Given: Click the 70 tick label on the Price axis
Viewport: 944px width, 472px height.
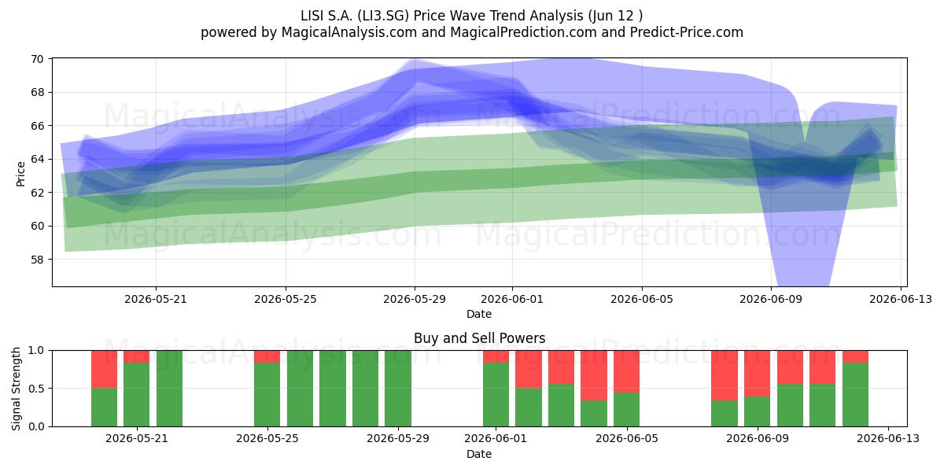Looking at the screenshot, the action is point(37,59).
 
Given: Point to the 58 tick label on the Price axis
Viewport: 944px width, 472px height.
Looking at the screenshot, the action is point(37,259).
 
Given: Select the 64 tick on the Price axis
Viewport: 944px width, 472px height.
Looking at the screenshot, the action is point(37,159).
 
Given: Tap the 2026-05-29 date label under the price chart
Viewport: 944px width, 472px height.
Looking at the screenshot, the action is point(415,299).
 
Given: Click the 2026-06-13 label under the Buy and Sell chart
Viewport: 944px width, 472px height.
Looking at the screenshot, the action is point(888,438).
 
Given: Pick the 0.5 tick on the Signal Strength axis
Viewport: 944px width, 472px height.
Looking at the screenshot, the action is point(36,388).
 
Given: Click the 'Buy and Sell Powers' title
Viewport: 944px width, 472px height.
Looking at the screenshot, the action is point(480,338).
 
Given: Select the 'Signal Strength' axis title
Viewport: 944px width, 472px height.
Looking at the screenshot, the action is point(16,389).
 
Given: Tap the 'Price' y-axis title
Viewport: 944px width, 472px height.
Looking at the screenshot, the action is point(20,174).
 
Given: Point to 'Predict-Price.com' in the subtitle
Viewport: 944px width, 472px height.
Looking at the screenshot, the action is point(687,32).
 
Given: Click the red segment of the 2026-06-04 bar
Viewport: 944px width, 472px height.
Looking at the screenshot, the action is point(594,375).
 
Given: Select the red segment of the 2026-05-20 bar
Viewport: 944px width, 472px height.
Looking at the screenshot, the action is point(104,369).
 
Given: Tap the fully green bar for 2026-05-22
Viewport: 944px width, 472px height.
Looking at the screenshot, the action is point(169,388).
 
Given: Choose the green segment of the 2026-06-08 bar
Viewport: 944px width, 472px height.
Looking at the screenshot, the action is point(725,413).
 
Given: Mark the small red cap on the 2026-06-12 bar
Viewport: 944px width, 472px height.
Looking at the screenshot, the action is point(856,356).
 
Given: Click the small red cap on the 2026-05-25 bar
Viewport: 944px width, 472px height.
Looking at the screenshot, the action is point(267,356).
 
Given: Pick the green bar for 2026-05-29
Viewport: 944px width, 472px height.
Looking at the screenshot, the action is point(398,388).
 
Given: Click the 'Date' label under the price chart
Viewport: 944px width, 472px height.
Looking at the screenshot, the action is point(479,314).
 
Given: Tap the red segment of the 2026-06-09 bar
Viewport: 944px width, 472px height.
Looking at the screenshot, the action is point(758,374).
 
